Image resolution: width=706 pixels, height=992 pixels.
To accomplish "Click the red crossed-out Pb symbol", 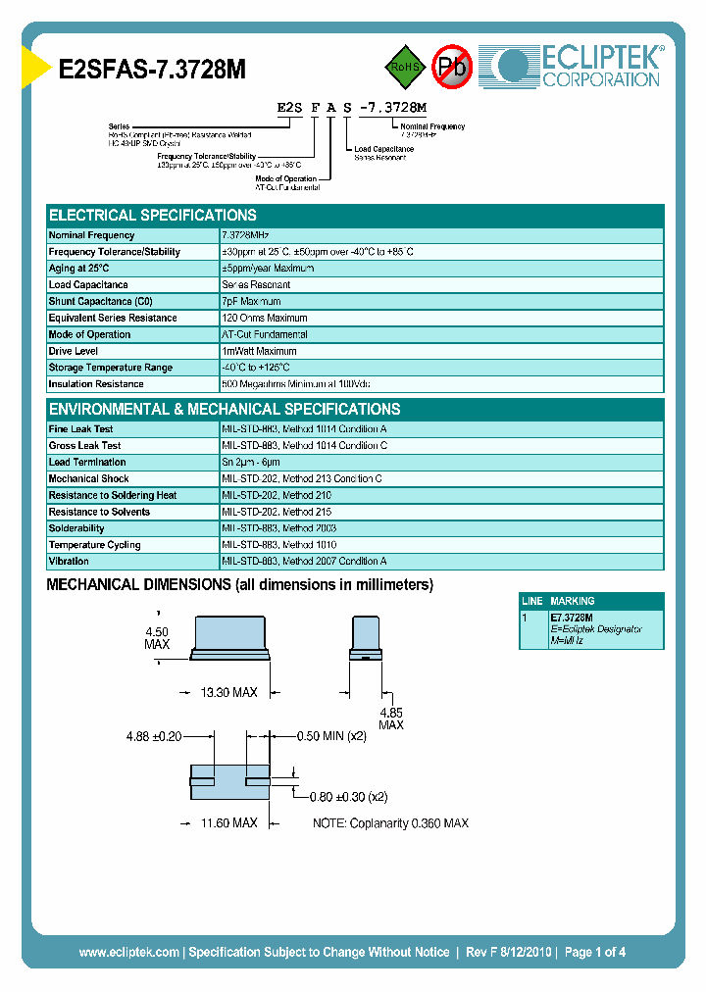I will pos(452,67).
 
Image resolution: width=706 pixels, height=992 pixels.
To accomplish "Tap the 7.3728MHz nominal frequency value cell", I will pos(245,235).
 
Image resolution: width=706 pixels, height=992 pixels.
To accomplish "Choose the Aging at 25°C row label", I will pos(79,269).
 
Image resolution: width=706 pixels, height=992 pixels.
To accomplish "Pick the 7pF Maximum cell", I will pos(252,302).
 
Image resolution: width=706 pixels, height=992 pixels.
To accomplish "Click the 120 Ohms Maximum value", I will pos(265,319).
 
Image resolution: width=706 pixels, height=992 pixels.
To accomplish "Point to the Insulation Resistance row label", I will pos(96,384).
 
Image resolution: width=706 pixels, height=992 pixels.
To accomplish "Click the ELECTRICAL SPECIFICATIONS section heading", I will pos(153,216).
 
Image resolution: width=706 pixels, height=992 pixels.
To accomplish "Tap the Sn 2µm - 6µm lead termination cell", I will pos(251,463).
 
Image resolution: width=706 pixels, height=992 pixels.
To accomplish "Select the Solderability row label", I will pos(76,528).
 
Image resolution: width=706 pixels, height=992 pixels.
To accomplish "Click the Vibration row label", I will pos(69,562).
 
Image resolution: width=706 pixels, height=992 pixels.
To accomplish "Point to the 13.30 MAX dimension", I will pos(228,692).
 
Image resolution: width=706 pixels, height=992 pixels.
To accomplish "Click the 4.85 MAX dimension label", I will pos(390,719).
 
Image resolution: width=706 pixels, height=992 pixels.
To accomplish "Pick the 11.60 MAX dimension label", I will pos(228,823).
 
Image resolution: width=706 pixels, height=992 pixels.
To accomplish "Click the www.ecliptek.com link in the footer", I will pos(128,952).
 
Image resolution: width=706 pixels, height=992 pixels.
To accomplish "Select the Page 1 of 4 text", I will pos(595,952).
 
